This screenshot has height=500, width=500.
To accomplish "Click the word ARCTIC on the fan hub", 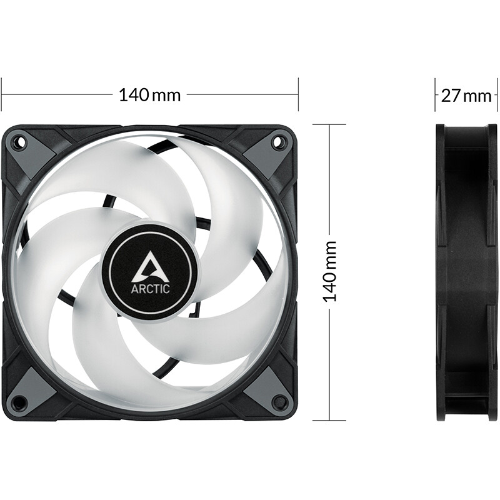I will coord(149,289).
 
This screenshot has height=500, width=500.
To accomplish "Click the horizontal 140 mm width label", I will coord(150,95).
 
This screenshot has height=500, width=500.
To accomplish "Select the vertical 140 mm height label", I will coord(329,272).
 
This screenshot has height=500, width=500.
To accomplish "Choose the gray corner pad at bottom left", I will coord(34,390).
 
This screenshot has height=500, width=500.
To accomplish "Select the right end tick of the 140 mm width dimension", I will coord(299,95).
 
